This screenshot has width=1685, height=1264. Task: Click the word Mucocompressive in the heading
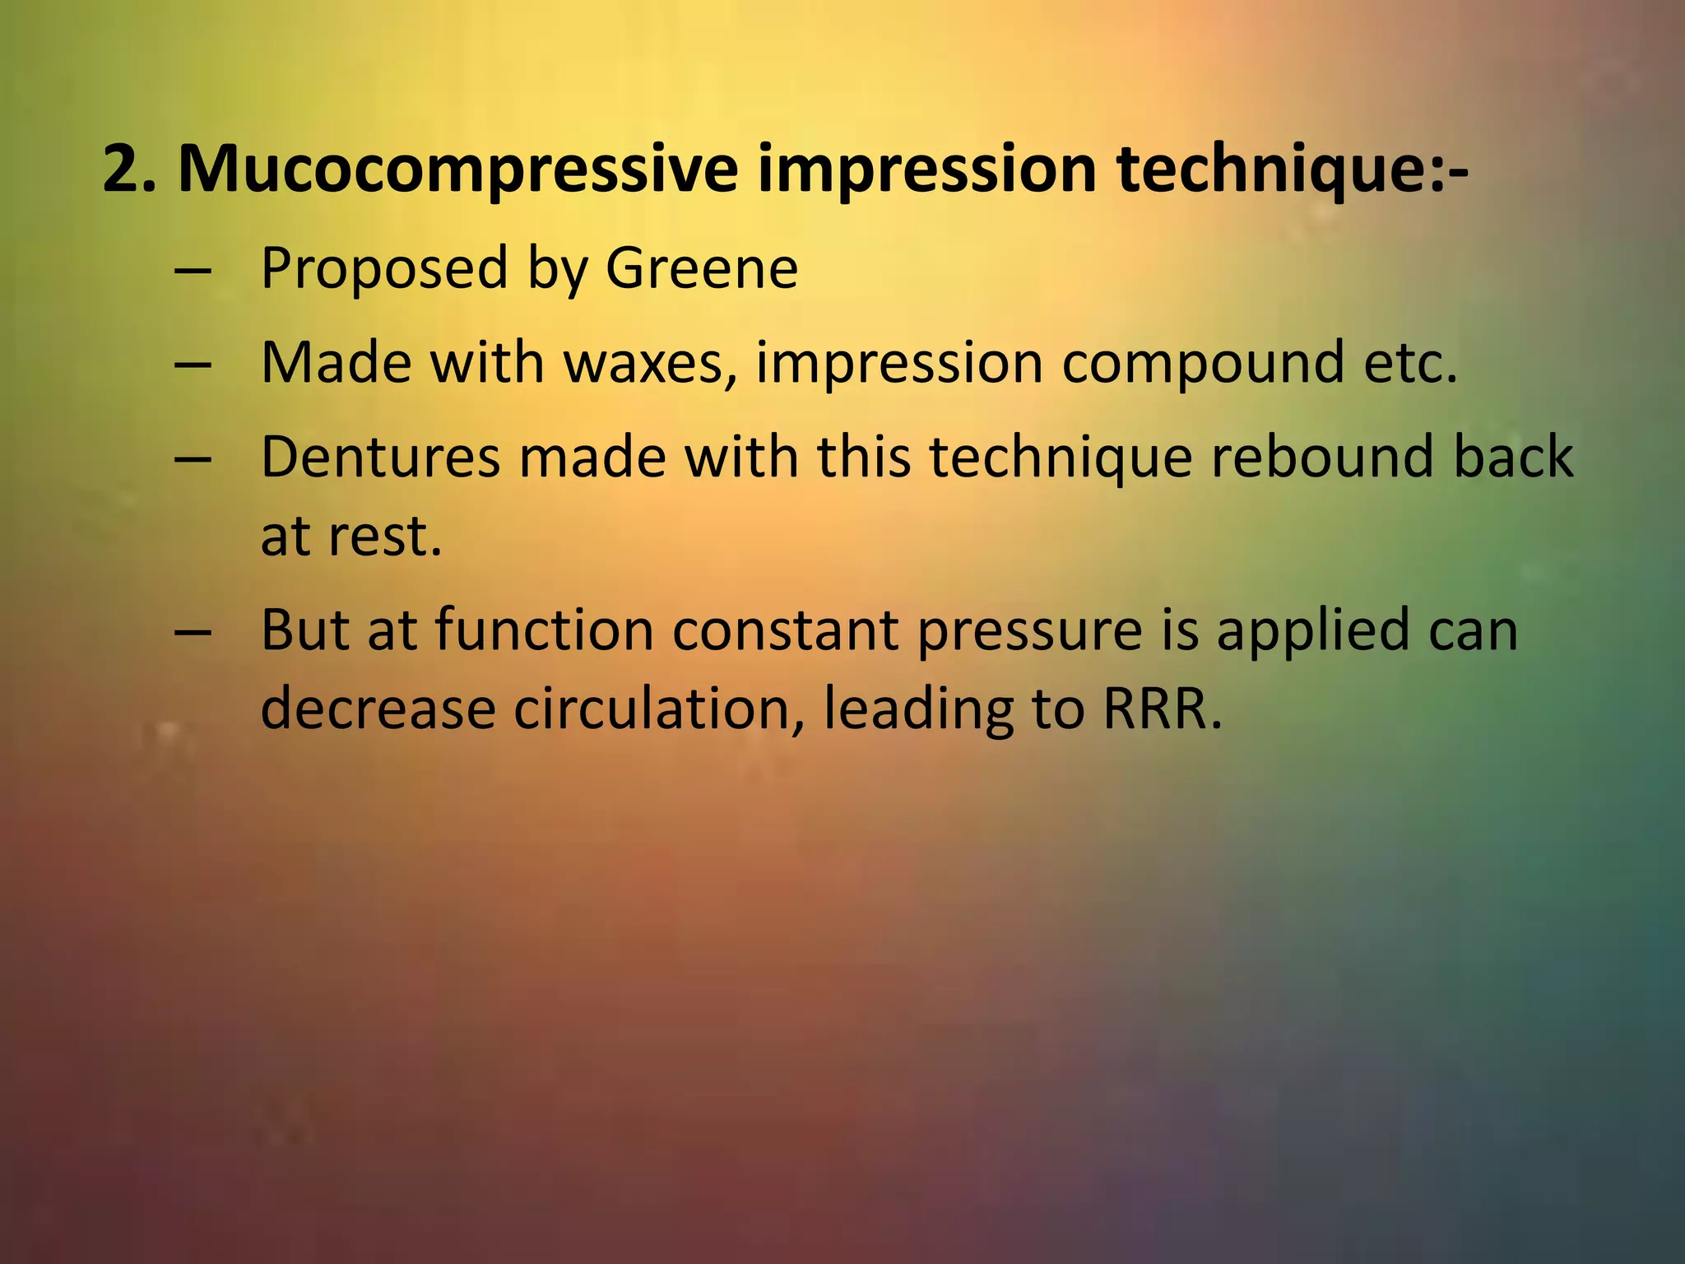tap(457, 170)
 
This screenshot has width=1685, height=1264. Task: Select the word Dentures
tap(380, 457)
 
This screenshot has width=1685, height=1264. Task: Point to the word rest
tap(385, 537)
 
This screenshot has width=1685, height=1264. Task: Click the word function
tap(544, 630)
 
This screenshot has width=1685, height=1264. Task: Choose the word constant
tap(785, 630)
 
